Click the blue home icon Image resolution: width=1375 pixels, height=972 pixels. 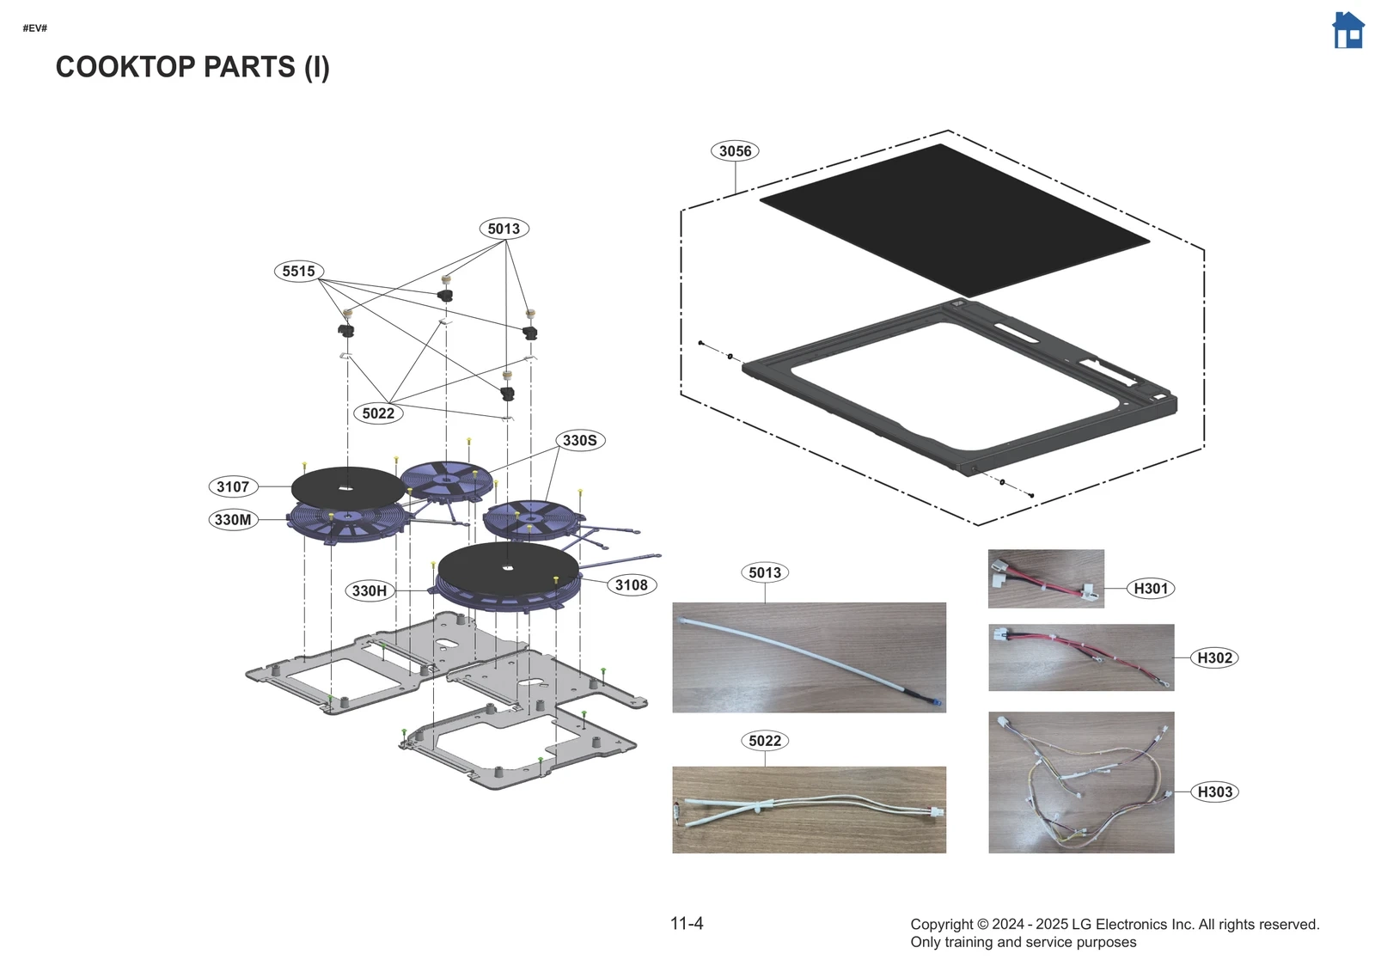(1347, 31)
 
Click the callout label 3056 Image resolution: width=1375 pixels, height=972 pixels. (735, 151)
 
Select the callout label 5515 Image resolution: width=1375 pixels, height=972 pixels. (298, 272)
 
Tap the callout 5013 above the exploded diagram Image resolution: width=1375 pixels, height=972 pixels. (504, 229)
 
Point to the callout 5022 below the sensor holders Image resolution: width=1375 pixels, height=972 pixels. (378, 413)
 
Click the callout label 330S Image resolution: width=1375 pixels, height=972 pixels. (580, 441)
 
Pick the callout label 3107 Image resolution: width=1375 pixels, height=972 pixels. (233, 487)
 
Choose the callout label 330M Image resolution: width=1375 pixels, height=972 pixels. (233, 520)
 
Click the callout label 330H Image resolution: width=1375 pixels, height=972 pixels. (370, 591)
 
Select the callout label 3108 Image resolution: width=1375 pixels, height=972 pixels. (632, 585)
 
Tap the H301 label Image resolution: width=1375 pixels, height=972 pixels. (1151, 589)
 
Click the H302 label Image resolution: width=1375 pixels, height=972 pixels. (1214, 658)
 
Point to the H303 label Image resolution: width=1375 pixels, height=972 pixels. (1214, 792)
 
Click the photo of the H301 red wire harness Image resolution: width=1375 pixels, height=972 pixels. (1045, 579)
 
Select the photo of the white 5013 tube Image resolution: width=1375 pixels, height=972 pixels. (809, 657)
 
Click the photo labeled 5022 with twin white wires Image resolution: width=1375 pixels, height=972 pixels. (809, 810)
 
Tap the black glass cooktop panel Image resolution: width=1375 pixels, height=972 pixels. (954, 219)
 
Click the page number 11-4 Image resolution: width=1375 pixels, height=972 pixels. (687, 924)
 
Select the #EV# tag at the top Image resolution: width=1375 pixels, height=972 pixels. (35, 28)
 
